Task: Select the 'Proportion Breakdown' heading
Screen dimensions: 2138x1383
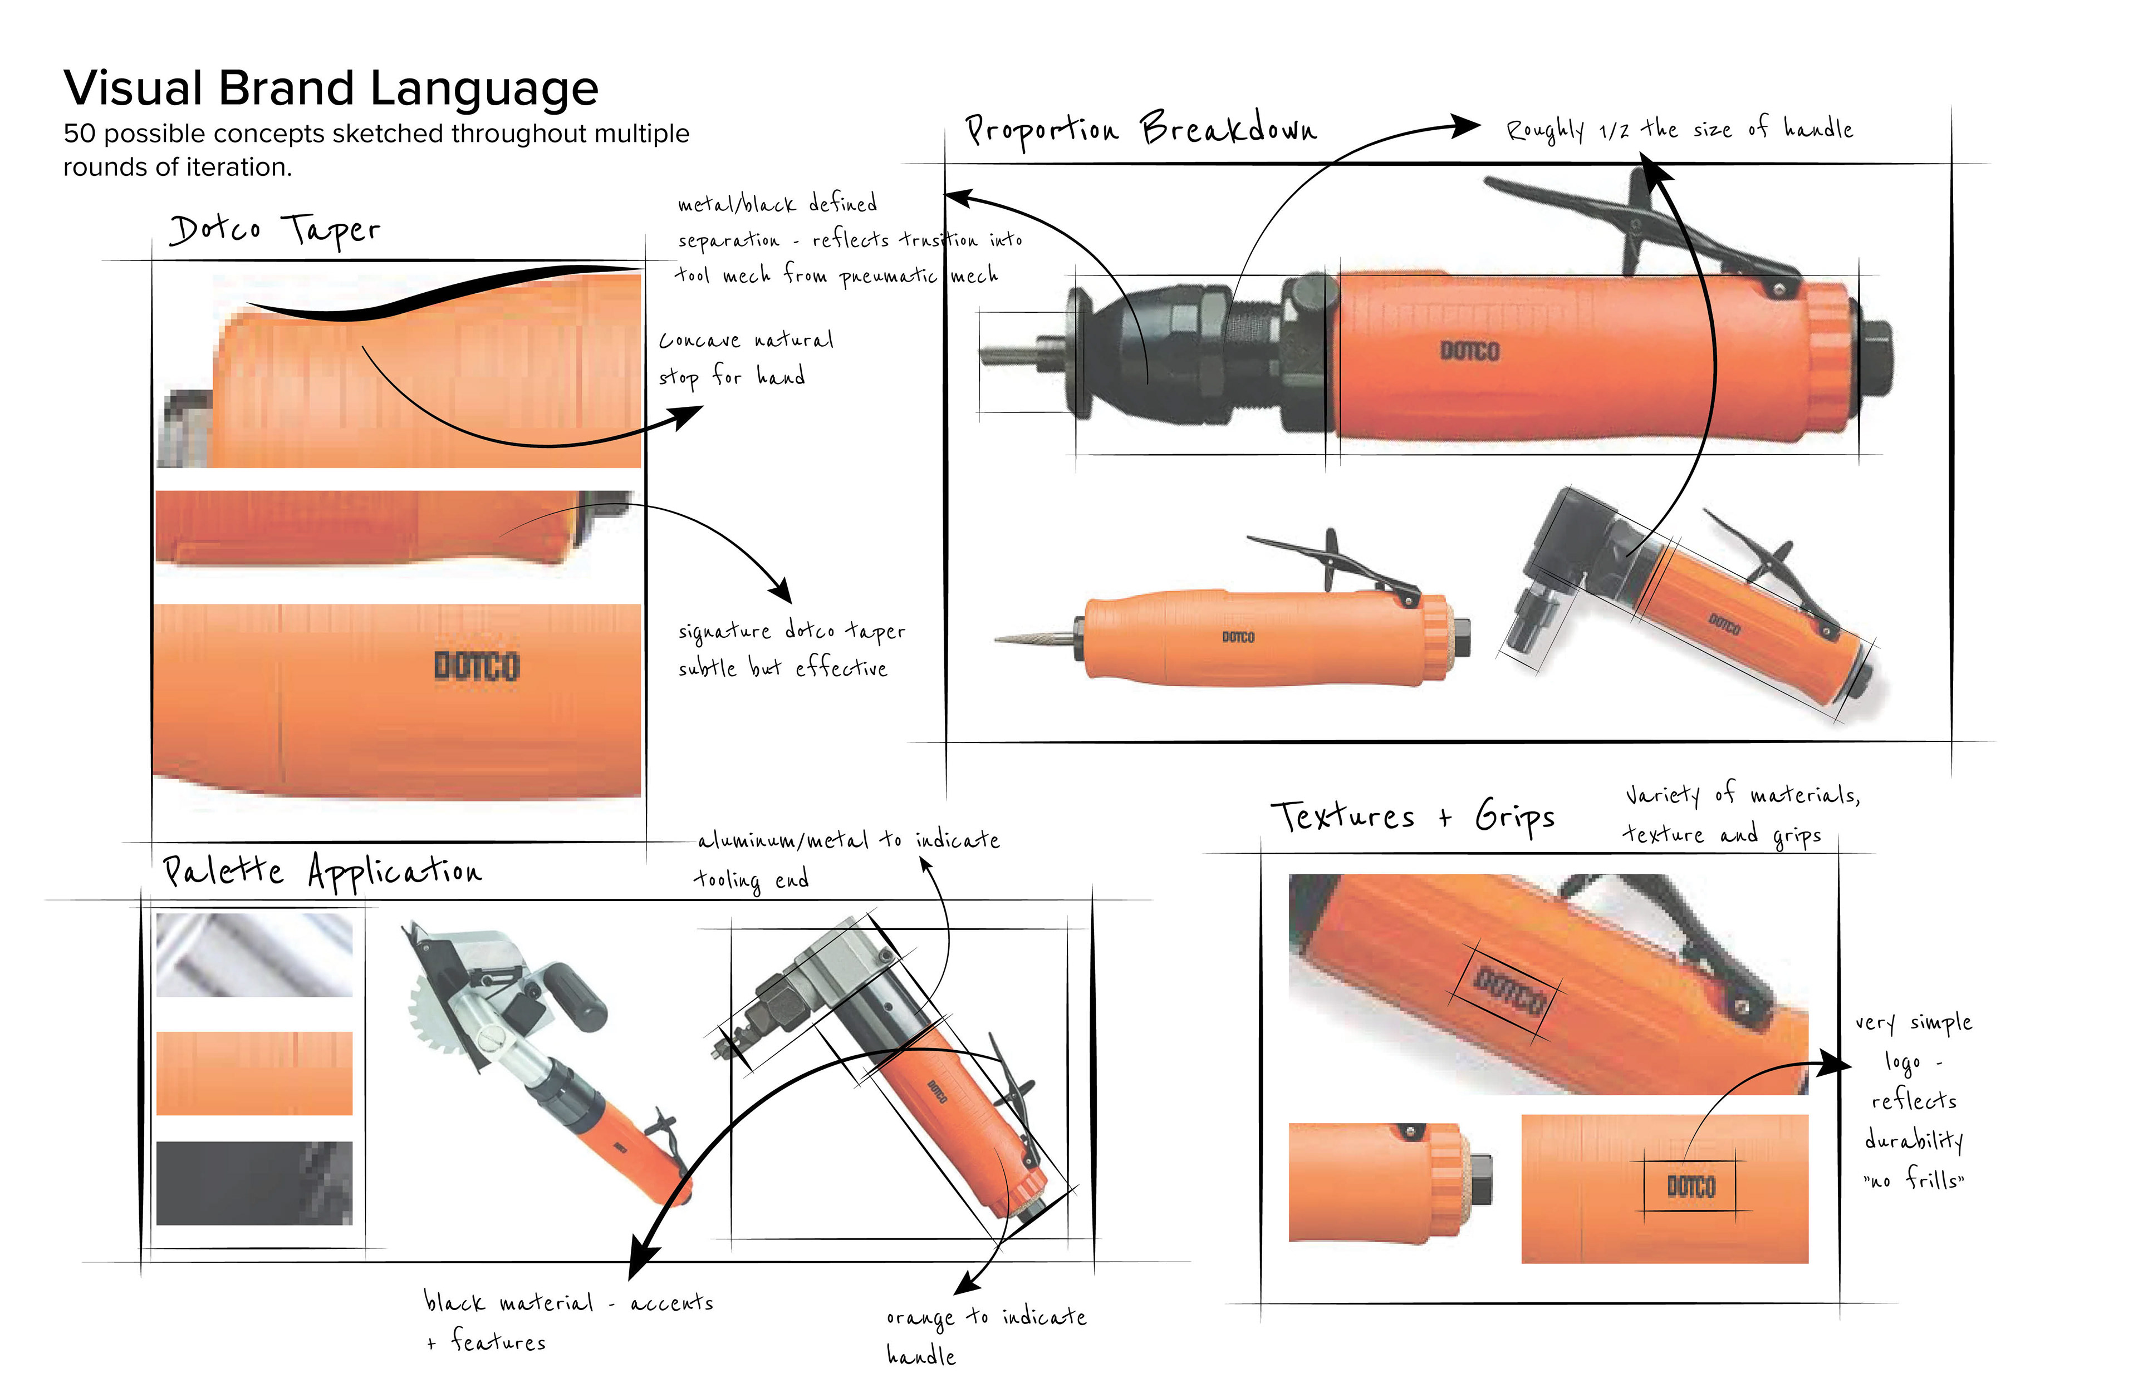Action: point(1141,130)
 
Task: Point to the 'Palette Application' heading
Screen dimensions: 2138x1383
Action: point(322,871)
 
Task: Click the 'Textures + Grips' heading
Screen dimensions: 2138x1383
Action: point(1412,816)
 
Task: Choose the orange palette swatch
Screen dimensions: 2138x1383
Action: point(254,1073)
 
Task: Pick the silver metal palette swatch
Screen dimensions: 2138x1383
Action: point(254,954)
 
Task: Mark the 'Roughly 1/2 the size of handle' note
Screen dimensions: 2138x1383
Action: point(1680,130)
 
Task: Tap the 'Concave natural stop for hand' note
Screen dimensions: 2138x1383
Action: point(746,357)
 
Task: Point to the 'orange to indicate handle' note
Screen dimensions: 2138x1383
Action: point(985,1335)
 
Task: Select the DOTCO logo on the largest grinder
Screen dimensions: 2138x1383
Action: point(1470,351)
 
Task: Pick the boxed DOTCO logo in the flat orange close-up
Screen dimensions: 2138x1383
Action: point(1691,1187)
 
